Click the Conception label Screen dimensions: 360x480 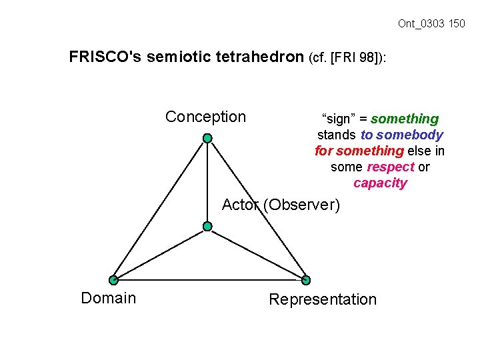click(x=205, y=117)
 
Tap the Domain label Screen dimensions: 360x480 click(x=108, y=298)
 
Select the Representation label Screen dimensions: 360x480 click(x=323, y=299)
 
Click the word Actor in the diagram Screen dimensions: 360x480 click(x=240, y=205)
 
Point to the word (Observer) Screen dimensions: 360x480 click(x=301, y=205)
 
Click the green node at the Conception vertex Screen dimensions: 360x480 click(x=208, y=138)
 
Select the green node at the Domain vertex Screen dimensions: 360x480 click(x=113, y=280)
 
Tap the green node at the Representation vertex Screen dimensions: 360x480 click(x=306, y=280)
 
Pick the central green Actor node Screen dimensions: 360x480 click(x=207, y=227)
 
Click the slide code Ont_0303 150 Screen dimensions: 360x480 click(x=431, y=24)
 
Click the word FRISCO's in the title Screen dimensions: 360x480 click(x=105, y=57)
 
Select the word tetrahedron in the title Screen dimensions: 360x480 click(x=264, y=57)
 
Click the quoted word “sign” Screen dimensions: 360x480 click(x=337, y=119)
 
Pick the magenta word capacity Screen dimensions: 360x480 click(x=380, y=183)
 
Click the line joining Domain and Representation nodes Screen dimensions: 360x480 click(x=209, y=280)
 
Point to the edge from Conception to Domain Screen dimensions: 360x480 click(x=161, y=209)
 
